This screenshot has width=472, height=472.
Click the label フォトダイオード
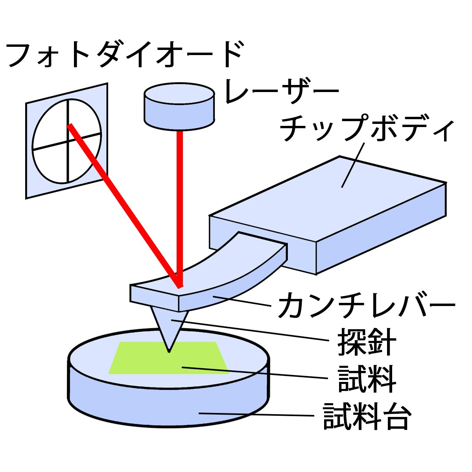[125, 54]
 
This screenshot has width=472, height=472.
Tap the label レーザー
[282, 91]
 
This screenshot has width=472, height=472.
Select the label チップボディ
[367, 128]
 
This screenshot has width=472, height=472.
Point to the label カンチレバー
[367, 305]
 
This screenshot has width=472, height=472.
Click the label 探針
[367, 342]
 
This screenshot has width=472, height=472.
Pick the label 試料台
[367, 417]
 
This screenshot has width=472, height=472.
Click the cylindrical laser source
[179, 106]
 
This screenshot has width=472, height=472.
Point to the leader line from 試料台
[256, 415]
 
